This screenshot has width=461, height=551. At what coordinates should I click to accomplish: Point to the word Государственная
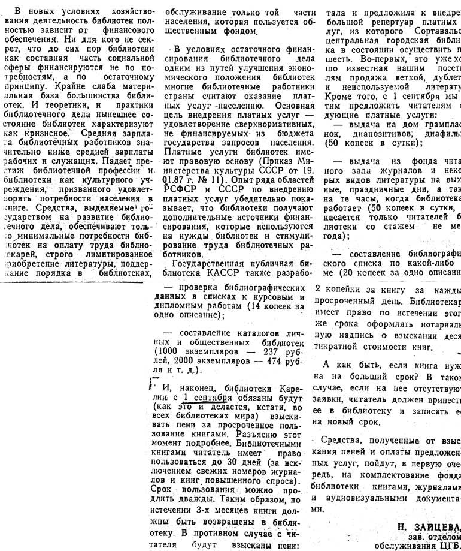coord(205,262)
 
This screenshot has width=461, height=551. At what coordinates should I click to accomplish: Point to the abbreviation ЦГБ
coord(450,545)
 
